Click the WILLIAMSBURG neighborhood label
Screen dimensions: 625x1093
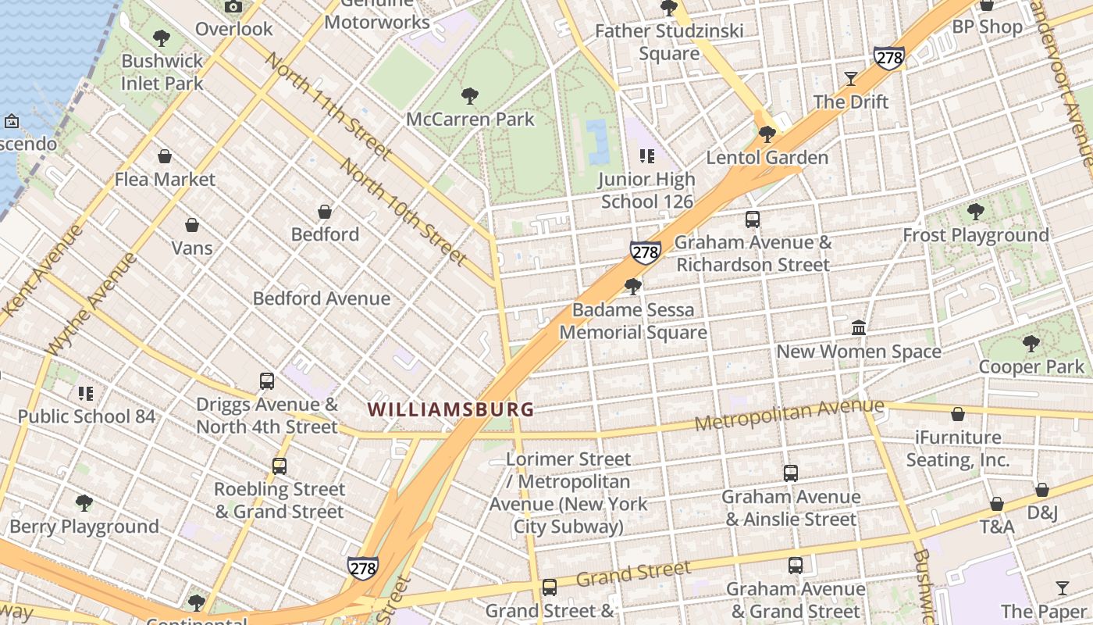pos(450,409)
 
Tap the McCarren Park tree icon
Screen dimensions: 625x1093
pos(469,96)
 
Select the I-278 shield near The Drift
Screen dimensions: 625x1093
pos(889,58)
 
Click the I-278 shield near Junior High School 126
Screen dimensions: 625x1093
pos(646,252)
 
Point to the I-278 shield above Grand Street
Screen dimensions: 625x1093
pos(363,568)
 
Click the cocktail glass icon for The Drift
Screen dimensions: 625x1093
pos(850,79)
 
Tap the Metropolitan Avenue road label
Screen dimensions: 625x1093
pos(789,415)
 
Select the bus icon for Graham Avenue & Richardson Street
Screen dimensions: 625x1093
pos(753,220)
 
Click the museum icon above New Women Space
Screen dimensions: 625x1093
pos(859,327)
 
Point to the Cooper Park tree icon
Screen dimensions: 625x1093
pos(1031,343)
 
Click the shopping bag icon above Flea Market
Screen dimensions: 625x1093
pos(165,156)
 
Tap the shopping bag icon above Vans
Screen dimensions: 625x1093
pos(192,225)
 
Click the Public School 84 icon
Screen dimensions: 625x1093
pos(86,393)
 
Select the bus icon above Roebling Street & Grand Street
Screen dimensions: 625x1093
pos(279,466)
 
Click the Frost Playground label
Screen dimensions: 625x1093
pos(975,235)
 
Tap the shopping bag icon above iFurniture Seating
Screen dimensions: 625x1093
pos(958,414)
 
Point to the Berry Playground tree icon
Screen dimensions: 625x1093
pos(84,502)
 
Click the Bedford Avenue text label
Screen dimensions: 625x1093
pos(322,298)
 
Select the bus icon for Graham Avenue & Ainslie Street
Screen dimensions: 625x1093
pos(790,473)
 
